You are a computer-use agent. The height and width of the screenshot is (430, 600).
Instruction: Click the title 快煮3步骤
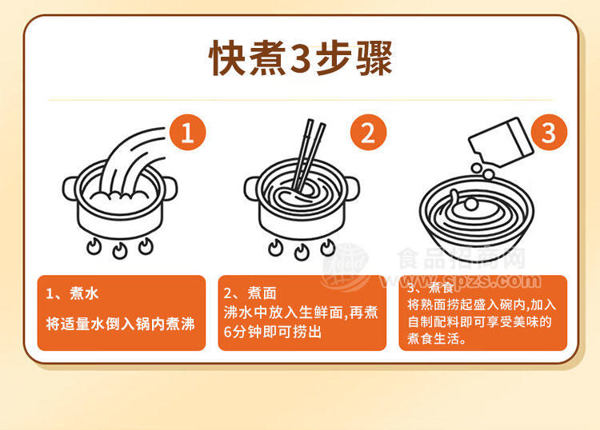click(x=300, y=58)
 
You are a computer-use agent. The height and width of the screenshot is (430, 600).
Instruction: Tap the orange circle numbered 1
click(x=187, y=132)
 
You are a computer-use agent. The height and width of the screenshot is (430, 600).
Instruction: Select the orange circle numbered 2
click(x=368, y=132)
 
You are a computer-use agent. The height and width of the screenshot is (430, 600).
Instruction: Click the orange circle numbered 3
click(x=549, y=132)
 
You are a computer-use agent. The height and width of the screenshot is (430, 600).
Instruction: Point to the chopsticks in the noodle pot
click(x=309, y=155)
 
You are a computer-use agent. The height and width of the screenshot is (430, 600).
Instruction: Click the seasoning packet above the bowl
click(x=501, y=142)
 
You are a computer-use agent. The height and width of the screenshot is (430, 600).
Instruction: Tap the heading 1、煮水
click(x=72, y=293)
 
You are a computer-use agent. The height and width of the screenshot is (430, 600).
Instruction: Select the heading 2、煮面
click(x=250, y=293)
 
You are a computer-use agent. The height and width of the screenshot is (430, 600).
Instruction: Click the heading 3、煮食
click(x=430, y=287)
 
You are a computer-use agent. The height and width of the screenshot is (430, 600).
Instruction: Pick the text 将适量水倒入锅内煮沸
click(x=121, y=324)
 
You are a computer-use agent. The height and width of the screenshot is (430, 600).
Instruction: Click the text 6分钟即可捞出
click(x=273, y=332)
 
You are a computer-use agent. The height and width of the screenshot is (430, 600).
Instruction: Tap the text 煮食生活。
click(x=437, y=339)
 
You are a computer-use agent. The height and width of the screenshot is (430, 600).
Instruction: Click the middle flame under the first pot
click(x=120, y=251)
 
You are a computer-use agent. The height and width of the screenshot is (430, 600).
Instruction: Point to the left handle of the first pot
click(x=70, y=189)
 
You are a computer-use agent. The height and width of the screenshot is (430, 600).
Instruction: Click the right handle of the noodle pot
click(x=351, y=189)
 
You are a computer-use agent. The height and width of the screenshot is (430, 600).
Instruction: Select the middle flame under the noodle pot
click(x=302, y=252)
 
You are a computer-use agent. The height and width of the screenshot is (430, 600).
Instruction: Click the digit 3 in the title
click(x=300, y=58)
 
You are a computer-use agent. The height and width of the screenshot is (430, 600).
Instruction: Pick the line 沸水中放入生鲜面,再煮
click(x=301, y=313)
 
